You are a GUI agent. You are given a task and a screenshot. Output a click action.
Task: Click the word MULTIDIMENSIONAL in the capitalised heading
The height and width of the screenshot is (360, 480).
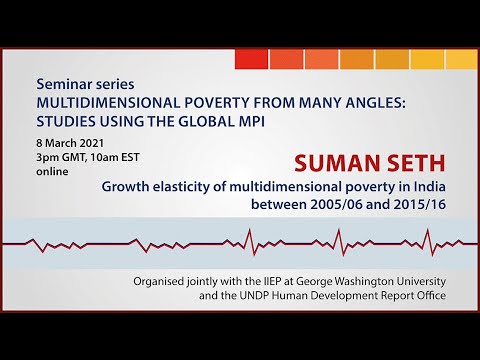pos(108,103)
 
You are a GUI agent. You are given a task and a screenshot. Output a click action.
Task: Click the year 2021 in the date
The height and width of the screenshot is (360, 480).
pos(91,143)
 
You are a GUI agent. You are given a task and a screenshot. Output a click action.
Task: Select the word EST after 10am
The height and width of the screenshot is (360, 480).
pos(130,157)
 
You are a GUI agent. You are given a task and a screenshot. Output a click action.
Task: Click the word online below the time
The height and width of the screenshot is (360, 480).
pos(52,171)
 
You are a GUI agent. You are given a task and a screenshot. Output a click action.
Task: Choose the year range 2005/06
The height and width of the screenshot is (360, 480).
pos(336,204)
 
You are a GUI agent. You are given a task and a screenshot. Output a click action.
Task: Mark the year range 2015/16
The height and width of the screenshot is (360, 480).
pos(420,204)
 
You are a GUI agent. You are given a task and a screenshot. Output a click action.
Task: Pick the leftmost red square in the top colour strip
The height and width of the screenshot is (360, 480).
pos(252,59)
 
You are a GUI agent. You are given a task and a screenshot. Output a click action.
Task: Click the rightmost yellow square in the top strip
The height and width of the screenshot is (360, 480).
pos(462,59)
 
